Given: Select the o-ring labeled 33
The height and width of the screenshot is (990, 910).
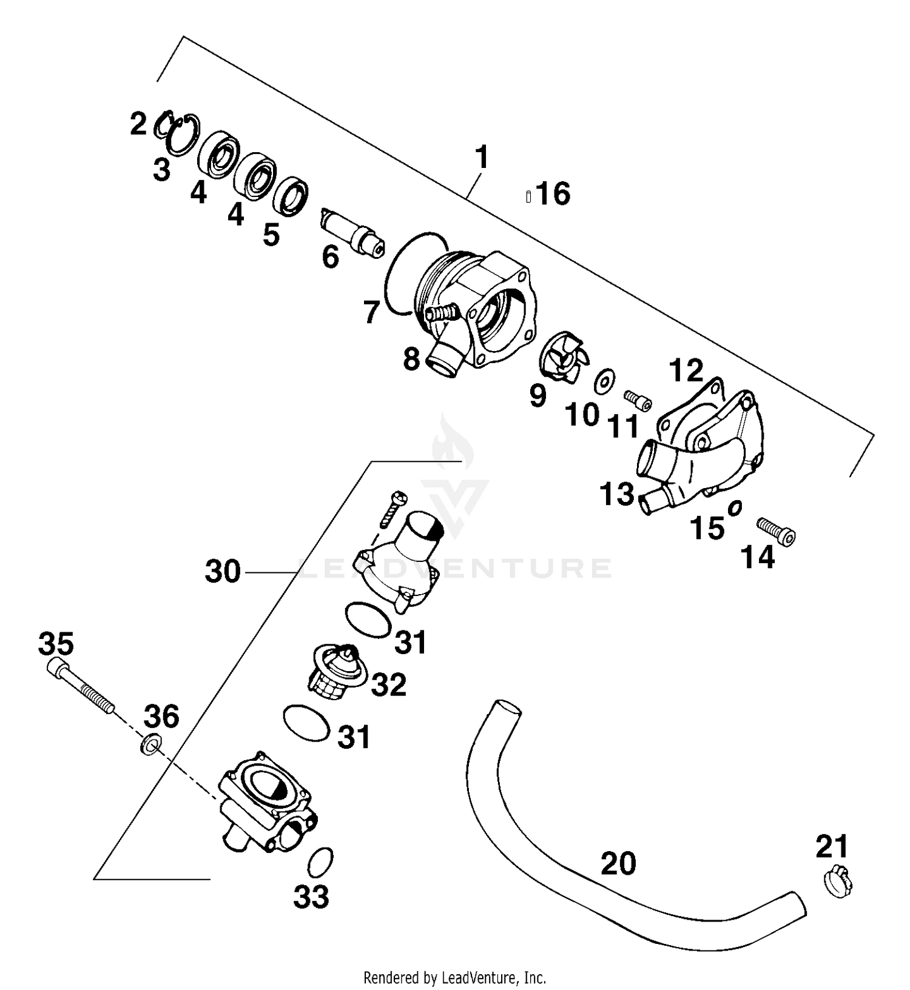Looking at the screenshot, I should click(321, 862).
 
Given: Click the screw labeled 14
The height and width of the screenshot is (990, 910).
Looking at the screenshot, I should click(776, 532).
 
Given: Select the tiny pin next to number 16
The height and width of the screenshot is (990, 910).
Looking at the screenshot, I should click(528, 196).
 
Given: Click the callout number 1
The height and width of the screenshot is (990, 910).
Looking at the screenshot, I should click(482, 157).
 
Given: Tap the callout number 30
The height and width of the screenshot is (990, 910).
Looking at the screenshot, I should click(223, 572).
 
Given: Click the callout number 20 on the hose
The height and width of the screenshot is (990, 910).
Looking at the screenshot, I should click(618, 863).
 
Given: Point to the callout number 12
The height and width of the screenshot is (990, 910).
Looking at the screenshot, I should click(686, 370).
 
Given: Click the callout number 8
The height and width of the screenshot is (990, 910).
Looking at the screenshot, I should click(411, 360).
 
